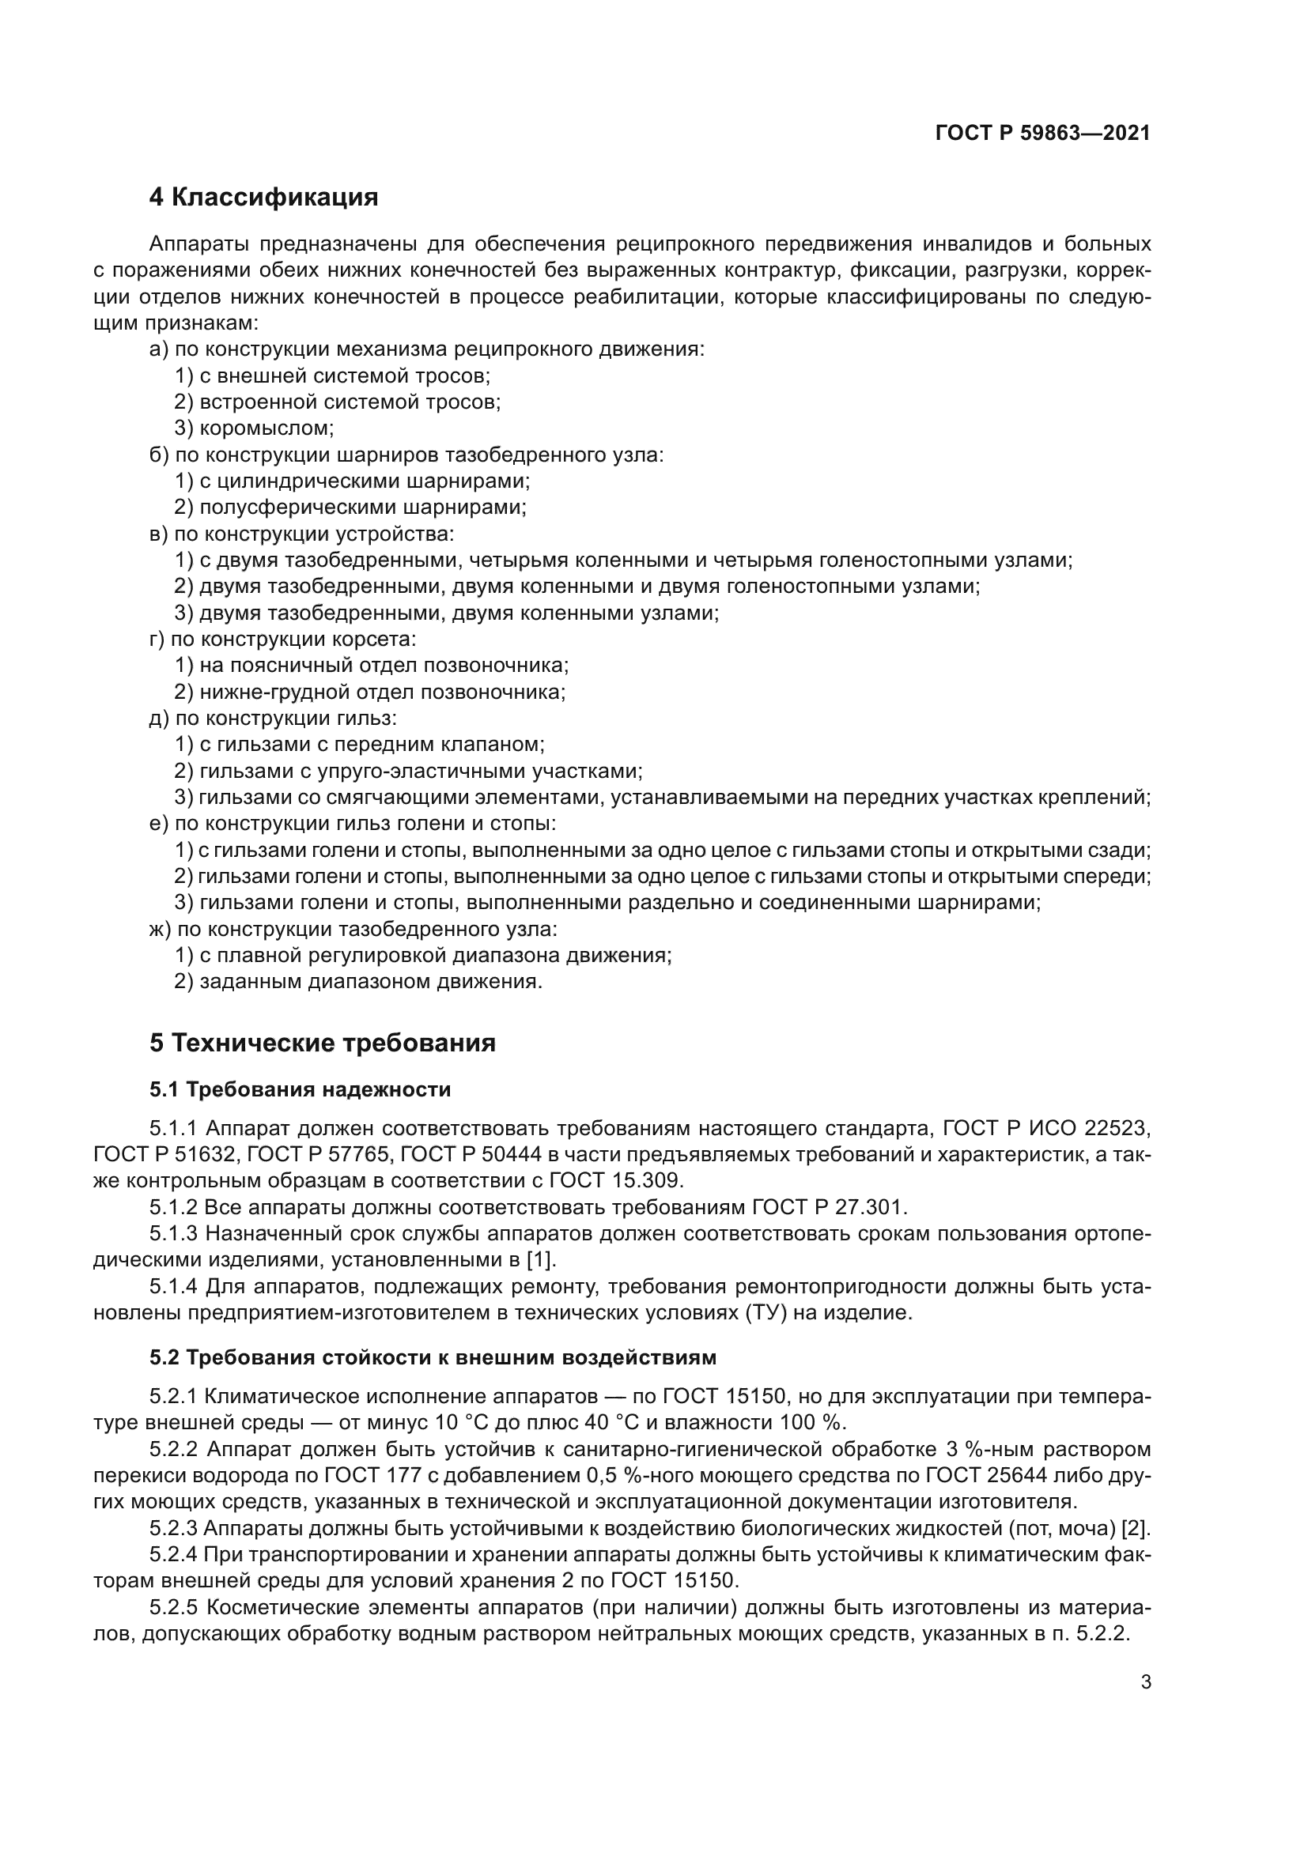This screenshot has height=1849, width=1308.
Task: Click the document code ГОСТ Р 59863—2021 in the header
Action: point(1042,133)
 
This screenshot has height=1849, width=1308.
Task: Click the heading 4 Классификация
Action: point(263,197)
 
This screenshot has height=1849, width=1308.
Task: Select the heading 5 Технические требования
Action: point(322,1043)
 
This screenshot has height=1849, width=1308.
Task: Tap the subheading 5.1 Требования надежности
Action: point(300,1089)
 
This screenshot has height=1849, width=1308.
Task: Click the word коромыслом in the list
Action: point(266,428)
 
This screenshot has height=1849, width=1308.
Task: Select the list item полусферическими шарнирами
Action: point(362,508)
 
